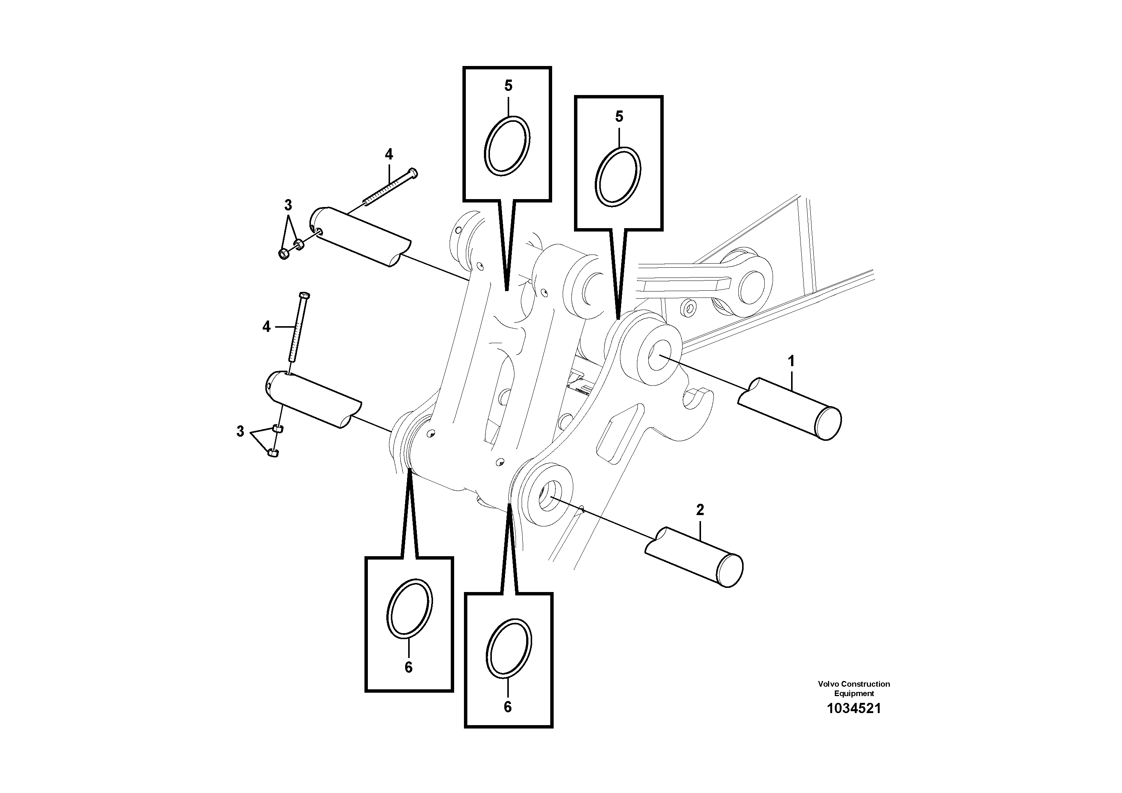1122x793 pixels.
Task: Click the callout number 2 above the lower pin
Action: [x=700, y=510]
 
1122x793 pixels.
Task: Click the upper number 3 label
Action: [x=288, y=205]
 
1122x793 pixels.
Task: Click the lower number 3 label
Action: [x=240, y=432]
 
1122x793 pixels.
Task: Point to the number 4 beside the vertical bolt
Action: [x=266, y=327]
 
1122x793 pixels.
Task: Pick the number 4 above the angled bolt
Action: [x=389, y=155]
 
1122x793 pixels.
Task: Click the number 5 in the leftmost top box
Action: [x=508, y=86]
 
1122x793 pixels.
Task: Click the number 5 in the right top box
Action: [x=619, y=117]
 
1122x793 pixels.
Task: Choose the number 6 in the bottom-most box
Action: [x=508, y=707]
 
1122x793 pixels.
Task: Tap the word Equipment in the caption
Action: [x=854, y=693]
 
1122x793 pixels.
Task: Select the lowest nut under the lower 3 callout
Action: [x=274, y=453]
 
